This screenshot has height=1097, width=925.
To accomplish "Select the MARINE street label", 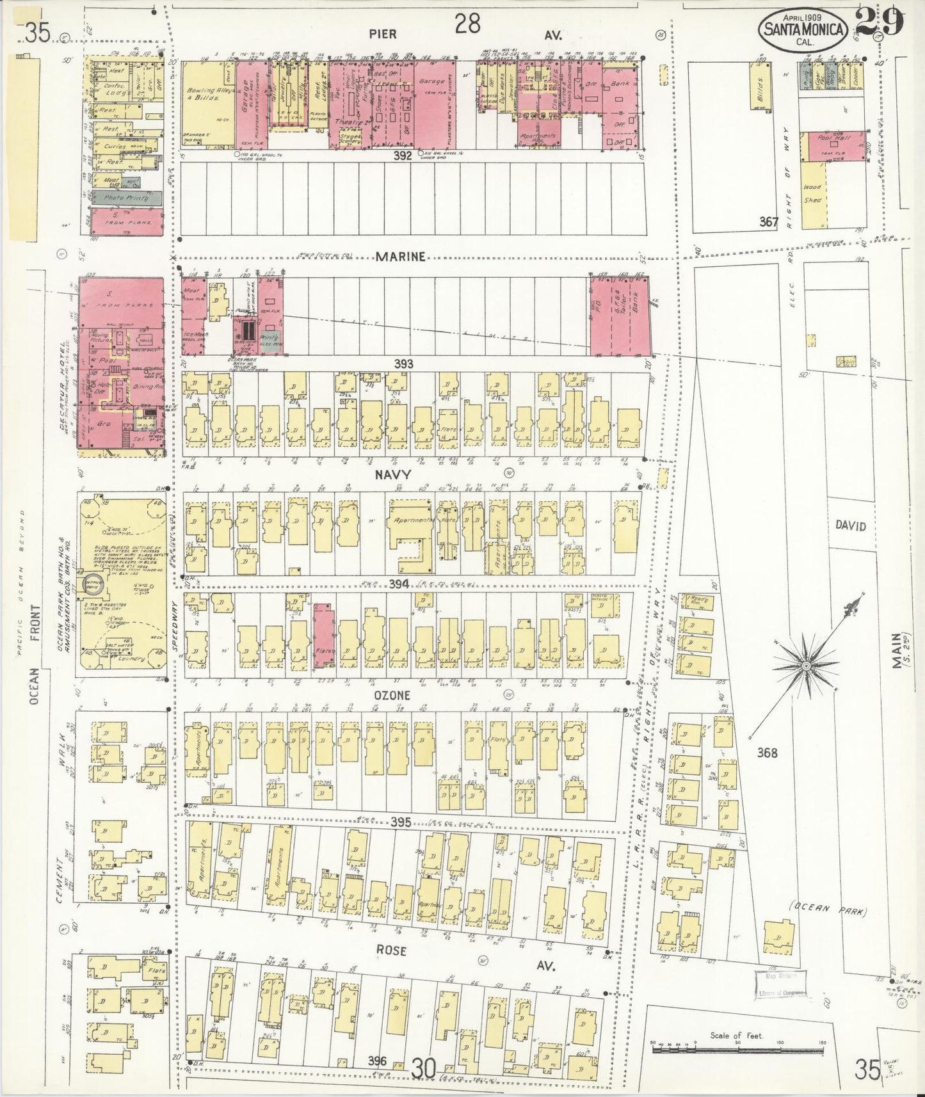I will [x=401, y=257].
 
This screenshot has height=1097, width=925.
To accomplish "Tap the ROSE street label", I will [x=391, y=950].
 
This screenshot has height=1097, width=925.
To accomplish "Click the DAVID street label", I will [x=850, y=525].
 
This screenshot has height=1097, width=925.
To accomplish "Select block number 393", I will [x=403, y=364].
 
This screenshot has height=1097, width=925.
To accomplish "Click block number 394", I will [x=399, y=584].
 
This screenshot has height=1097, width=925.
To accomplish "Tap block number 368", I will [x=767, y=753].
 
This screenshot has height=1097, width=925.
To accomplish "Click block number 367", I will [x=768, y=222].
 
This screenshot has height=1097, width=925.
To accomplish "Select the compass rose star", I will [x=806, y=666].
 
